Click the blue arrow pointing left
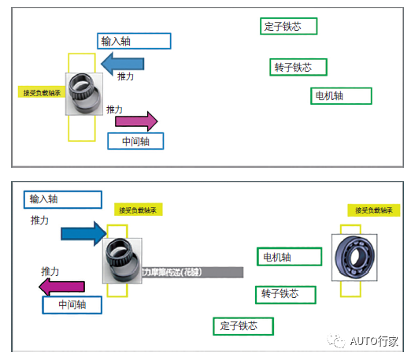point(123,62)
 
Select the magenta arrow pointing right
point(137,121)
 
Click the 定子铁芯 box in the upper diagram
point(288,26)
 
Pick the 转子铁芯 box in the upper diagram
point(298,67)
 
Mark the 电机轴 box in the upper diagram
point(340,96)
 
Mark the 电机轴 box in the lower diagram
point(289,257)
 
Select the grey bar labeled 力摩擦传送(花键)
point(192,272)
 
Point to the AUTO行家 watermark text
point(375,341)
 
